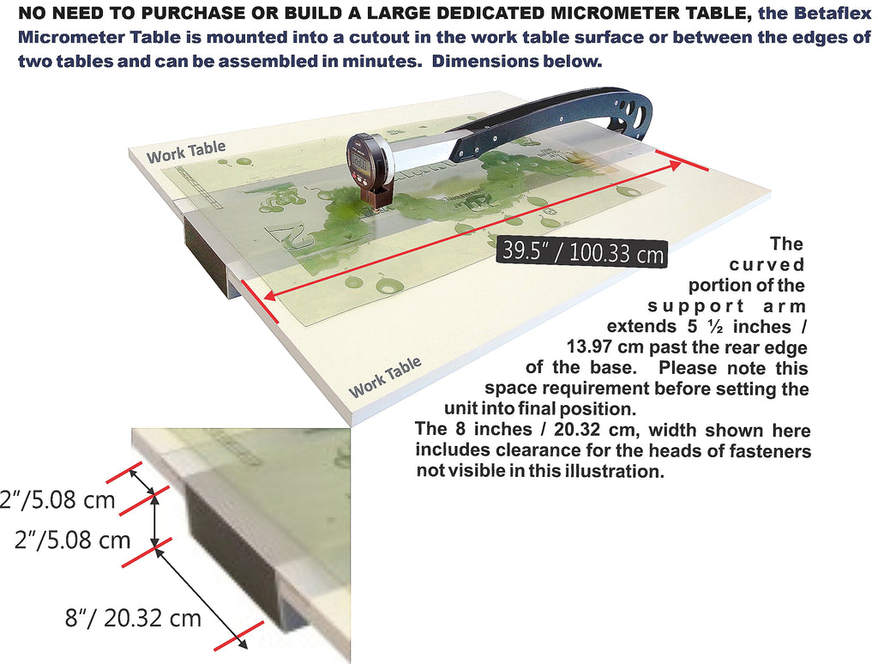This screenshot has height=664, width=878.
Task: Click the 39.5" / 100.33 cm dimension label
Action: tap(582, 253)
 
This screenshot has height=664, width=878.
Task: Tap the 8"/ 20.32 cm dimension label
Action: tap(133, 618)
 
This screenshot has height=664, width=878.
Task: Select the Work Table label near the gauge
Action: tap(186, 151)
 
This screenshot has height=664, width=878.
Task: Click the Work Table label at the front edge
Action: tap(385, 377)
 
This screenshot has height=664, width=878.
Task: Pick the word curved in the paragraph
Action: tap(767, 264)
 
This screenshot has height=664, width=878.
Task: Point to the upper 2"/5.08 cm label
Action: tap(57, 499)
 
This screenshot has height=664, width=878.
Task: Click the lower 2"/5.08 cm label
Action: tap(72, 540)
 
